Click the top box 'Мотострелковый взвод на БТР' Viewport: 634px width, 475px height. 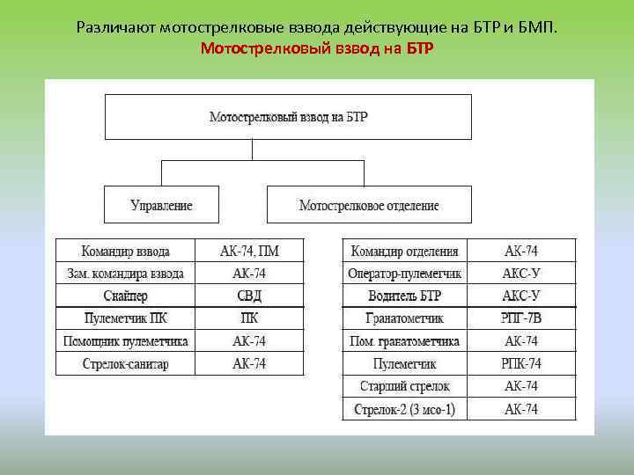click(x=288, y=116)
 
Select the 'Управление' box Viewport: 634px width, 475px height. click(x=160, y=205)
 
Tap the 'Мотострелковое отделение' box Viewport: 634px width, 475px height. click(x=369, y=205)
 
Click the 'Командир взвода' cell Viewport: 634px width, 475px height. click(x=125, y=251)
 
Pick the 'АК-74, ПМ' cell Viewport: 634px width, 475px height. click(x=249, y=251)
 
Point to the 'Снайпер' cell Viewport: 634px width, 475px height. click(x=125, y=296)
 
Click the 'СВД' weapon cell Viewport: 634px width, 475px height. click(x=249, y=296)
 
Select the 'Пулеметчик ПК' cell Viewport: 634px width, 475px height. click(x=125, y=318)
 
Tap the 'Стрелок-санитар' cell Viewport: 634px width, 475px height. click(x=125, y=363)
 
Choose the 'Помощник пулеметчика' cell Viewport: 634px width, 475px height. click(x=125, y=340)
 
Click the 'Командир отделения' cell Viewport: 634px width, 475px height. click(x=405, y=251)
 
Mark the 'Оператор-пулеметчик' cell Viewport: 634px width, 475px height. click(x=405, y=273)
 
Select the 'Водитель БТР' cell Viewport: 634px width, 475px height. click(x=405, y=296)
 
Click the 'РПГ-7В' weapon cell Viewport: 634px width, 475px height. click(x=521, y=318)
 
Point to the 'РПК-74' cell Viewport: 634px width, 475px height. click(x=521, y=363)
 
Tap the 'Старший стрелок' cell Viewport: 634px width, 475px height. click(x=405, y=386)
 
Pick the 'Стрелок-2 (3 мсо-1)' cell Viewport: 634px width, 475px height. click(x=405, y=409)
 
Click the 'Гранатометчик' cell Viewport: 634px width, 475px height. click(x=405, y=318)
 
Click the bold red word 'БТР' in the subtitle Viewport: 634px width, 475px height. click(x=420, y=47)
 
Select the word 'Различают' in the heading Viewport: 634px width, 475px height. click(x=116, y=26)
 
